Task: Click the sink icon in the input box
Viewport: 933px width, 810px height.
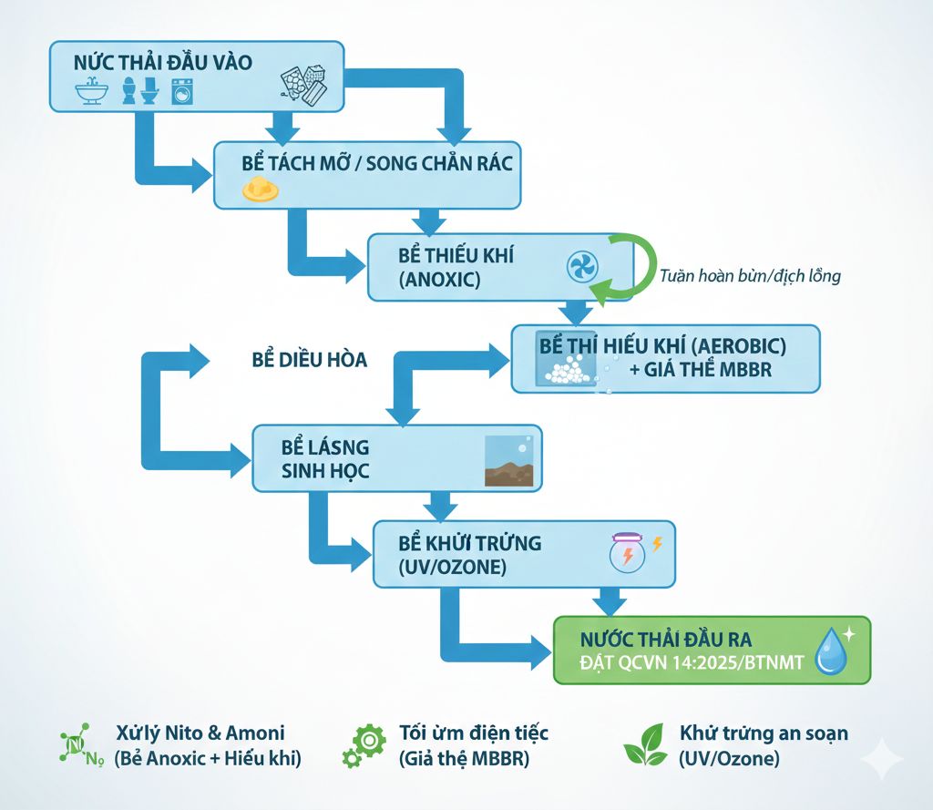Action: [92, 91]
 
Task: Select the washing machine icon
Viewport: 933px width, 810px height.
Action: [183, 92]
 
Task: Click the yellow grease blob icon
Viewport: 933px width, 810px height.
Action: [260, 190]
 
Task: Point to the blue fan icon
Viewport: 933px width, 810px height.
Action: [581, 267]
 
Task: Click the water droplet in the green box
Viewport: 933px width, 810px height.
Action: [831, 651]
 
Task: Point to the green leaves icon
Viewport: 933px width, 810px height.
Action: [645, 744]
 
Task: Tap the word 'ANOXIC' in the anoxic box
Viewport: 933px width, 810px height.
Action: [439, 280]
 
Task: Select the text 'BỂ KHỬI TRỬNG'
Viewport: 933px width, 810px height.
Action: [470, 543]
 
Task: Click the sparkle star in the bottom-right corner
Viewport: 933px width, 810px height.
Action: [881, 758]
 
